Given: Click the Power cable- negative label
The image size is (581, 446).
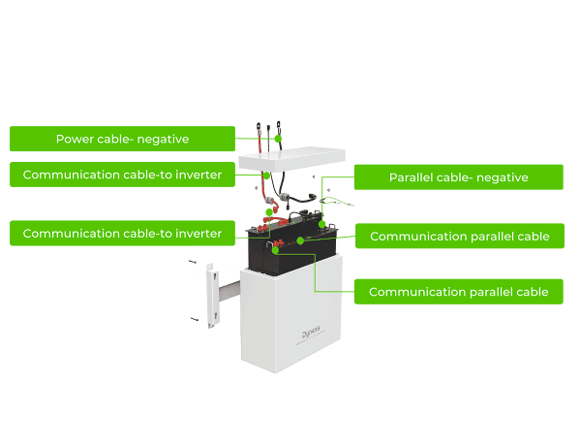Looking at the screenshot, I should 122,140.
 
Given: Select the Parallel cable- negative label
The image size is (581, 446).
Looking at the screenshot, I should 458,177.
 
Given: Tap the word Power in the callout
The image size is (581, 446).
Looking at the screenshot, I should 74,140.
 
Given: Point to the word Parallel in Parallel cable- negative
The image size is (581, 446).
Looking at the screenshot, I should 413,177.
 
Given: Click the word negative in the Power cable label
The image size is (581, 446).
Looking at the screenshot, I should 163,140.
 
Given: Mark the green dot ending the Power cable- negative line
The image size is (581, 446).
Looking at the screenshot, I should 277,140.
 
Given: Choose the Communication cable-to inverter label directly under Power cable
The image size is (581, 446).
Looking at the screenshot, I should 122,175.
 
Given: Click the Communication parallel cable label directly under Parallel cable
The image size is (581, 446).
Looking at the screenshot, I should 459,237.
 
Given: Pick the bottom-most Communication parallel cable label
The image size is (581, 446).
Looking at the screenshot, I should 459,292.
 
